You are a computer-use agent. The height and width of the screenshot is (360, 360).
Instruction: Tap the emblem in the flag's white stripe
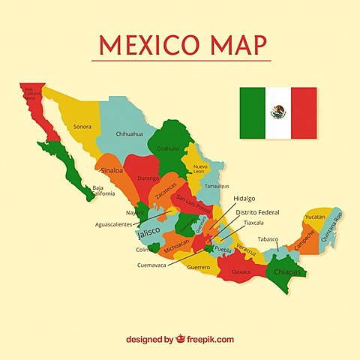(x=278, y=112)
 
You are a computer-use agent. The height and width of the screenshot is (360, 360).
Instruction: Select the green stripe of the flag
(x=253, y=112)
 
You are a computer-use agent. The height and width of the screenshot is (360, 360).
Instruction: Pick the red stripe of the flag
(x=304, y=112)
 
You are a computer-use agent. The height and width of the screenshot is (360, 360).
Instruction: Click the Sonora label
(x=82, y=127)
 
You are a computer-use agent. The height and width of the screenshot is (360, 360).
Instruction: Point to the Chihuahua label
(x=129, y=133)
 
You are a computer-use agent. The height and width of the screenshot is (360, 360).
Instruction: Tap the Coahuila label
(x=168, y=148)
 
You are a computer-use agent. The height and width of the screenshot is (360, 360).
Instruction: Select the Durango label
(x=148, y=178)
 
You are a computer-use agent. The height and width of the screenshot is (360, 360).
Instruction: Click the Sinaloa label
(x=112, y=171)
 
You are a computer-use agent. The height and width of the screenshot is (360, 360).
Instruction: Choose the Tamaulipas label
(x=217, y=185)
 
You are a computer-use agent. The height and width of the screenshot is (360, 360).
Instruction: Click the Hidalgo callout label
(x=244, y=199)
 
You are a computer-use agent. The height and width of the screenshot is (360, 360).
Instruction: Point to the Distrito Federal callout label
(x=257, y=212)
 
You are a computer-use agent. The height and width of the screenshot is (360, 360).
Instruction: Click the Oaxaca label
(x=241, y=271)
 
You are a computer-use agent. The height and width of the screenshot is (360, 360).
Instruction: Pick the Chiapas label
(x=286, y=272)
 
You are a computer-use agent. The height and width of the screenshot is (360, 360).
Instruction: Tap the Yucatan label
(x=315, y=217)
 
